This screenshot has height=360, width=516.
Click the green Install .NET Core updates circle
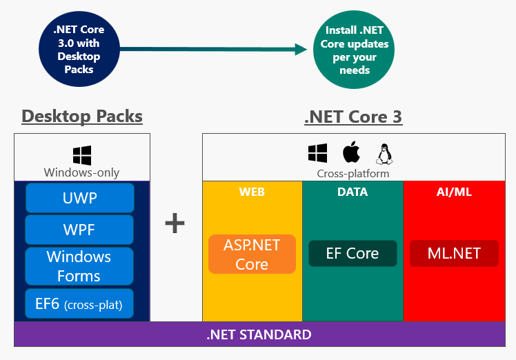pyautogui.click(x=355, y=50)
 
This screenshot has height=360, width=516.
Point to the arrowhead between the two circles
pyautogui.click(x=300, y=49)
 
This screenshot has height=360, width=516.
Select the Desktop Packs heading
pyautogui.click(x=82, y=116)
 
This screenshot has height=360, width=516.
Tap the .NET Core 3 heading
pyautogui.click(x=353, y=117)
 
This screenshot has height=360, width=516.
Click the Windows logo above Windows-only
pyautogui.click(x=82, y=155)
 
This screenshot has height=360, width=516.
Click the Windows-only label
pyautogui.click(x=82, y=172)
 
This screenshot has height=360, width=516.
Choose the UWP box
pyautogui.click(x=80, y=198)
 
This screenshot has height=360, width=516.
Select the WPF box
pyautogui.click(x=80, y=230)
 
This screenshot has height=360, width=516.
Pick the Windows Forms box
pyautogui.click(x=80, y=266)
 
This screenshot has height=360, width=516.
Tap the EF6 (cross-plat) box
pyautogui.click(x=80, y=303)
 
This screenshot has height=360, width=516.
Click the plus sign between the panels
pyautogui.click(x=175, y=223)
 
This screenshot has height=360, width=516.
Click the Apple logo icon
pyautogui.click(x=351, y=153)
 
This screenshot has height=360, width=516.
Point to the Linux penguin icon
pyautogui.click(x=384, y=154)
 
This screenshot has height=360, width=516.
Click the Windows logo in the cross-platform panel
pyautogui.click(x=317, y=153)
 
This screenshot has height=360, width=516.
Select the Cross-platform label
pyautogui.click(x=353, y=174)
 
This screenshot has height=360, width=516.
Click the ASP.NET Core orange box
pyautogui.click(x=252, y=254)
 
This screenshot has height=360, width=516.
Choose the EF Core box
pyautogui.click(x=353, y=254)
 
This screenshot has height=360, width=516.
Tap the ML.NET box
pyautogui.click(x=454, y=254)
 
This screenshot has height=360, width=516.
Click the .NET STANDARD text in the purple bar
pyautogui.click(x=259, y=335)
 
